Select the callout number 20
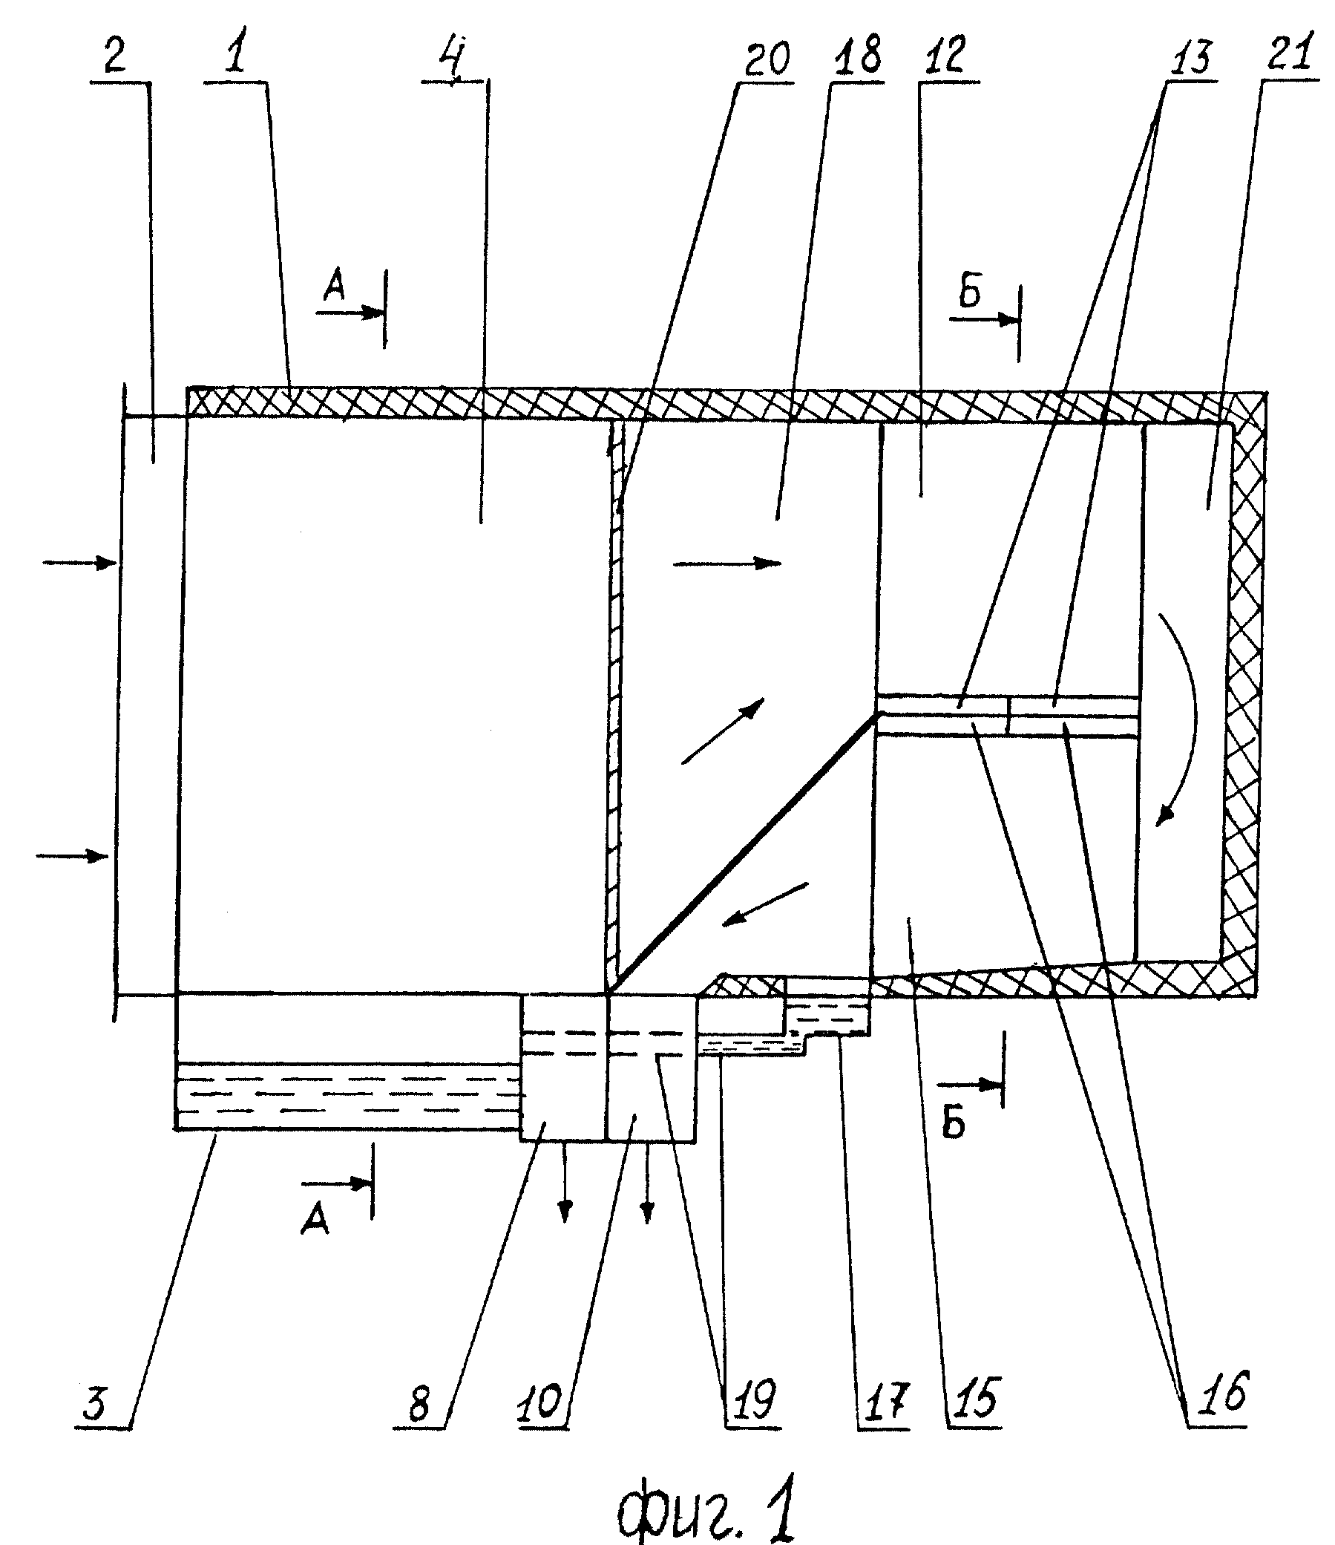coord(766,58)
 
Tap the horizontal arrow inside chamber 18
coord(726,564)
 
